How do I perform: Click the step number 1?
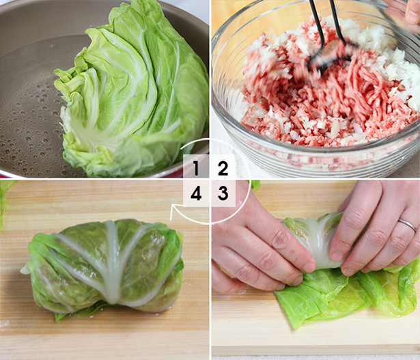coord(196,168)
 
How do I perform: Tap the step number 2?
coord(223,168)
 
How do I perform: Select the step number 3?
coord(223,193)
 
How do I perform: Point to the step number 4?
coord(196,193)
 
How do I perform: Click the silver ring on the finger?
coord(407,225)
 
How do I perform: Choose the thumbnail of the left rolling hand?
coord(309,267)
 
